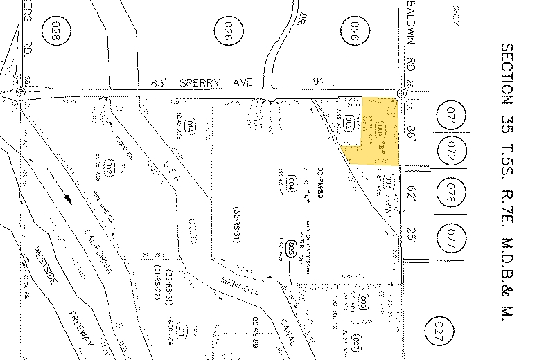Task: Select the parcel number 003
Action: (389, 182)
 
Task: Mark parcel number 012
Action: (109, 168)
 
